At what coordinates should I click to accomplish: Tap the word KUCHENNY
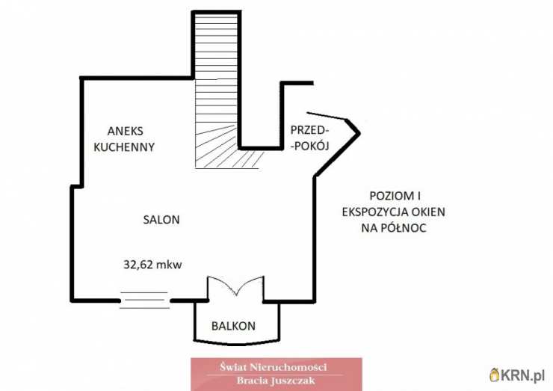pyautogui.click(x=123, y=147)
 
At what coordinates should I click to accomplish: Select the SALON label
pyautogui.click(x=161, y=220)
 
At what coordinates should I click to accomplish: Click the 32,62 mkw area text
pyautogui.click(x=152, y=263)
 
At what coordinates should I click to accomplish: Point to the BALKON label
pyautogui.click(x=233, y=326)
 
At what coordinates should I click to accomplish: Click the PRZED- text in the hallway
pyautogui.click(x=309, y=130)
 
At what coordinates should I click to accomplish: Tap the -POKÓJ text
pyautogui.click(x=309, y=147)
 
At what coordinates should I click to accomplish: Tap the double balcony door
pyautogui.click(x=235, y=287)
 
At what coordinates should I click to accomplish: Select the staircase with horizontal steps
pyautogui.click(x=216, y=75)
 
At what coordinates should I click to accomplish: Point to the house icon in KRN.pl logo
pyautogui.click(x=495, y=374)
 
